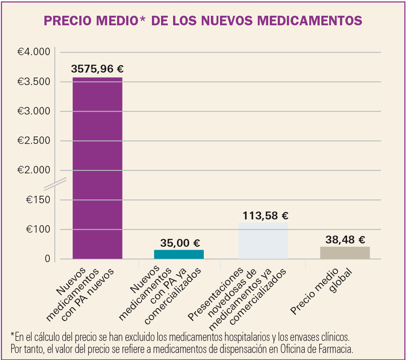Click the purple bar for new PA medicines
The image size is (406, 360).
pos(97,168)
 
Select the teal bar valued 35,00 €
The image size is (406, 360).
pos(179,254)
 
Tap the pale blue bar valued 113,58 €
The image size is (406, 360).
pos(263,241)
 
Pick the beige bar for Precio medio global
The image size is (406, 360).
pos(345,253)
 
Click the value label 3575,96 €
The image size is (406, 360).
pos(98,69)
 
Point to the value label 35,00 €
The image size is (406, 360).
pos(180,243)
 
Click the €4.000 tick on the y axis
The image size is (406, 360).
pos(33,52)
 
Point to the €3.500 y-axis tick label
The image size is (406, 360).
pos(33,82)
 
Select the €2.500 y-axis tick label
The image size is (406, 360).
pos(33,141)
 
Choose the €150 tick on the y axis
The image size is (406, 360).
pos(39,200)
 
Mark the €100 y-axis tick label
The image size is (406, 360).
pos(39,229)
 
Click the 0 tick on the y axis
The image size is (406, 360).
pos(47,259)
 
